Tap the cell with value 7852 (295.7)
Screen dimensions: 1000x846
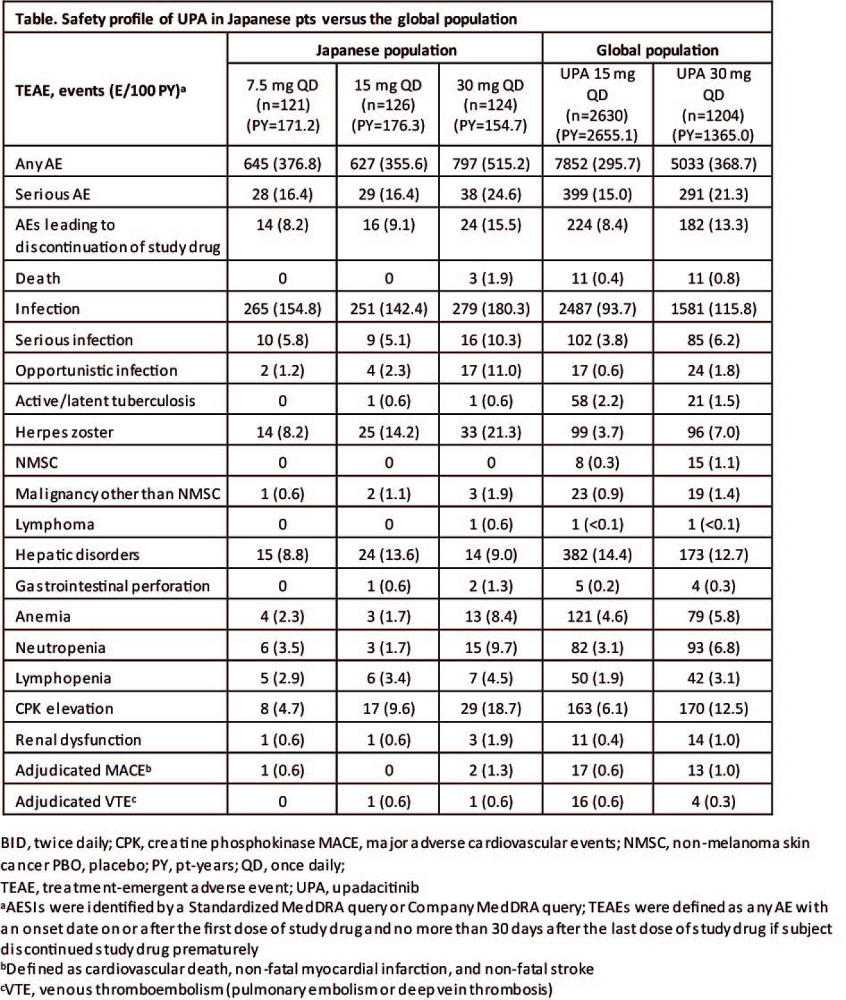(x=599, y=164)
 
